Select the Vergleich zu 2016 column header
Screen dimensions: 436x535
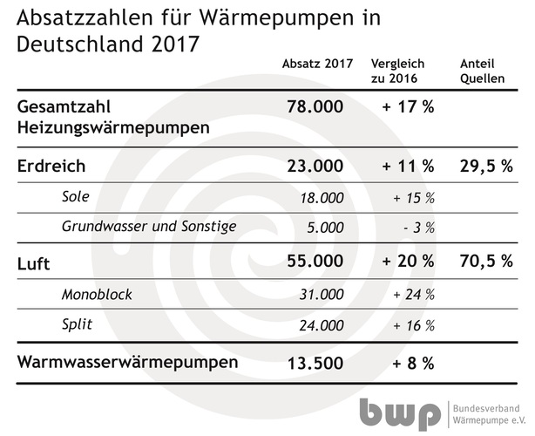[397, 72]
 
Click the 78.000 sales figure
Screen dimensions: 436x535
[315, 107]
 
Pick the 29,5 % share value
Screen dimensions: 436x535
[484, 166]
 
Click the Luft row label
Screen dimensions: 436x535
[35, 261]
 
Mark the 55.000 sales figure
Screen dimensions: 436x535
[315, 261]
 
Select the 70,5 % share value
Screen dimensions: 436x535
[484, 261]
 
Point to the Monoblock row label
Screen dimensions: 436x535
[97, 294]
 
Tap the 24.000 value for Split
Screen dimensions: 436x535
[321, 325]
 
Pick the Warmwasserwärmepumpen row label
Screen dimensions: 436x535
[126, 361]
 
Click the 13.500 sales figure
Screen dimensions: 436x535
[315, 361]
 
